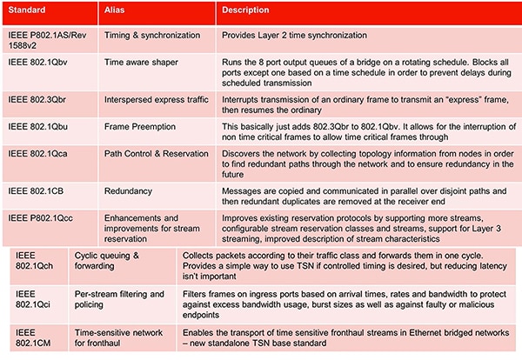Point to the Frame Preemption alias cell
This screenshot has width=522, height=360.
(x=144, y=127)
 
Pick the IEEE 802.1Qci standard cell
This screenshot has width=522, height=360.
(x=35, y=301)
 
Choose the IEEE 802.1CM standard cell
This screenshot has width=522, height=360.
(x=35, y=338)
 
